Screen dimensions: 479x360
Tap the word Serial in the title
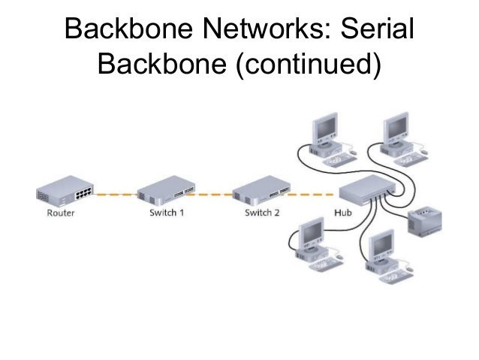(378, 29)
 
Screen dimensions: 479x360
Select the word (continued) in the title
(309, 63)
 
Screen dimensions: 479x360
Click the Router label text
(61, 213)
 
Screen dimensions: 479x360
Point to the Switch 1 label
(167, 213)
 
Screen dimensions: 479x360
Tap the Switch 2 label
(262, 213)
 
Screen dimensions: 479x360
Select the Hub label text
(343, 213)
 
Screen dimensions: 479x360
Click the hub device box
(367, 189)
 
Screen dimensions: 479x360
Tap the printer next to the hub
(425, 221)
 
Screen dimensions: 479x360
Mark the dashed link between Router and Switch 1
(116, 194)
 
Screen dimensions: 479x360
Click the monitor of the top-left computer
(325, 128)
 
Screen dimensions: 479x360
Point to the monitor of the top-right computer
(396, 128)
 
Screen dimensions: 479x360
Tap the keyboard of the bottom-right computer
(396, 277)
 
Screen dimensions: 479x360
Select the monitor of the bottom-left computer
(312, 232)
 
